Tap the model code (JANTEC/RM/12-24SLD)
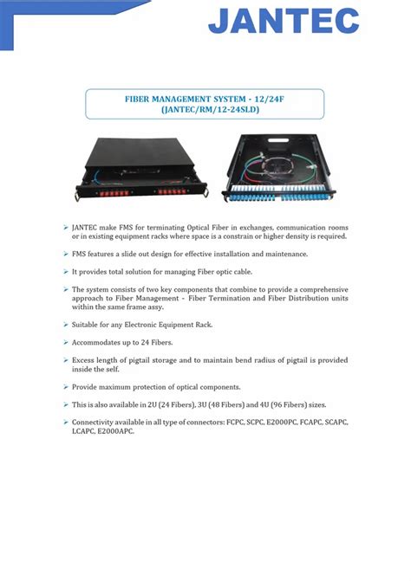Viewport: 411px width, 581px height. pyautogui.click(x=205, y=110)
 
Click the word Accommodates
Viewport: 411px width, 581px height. pyautogui.click(x=100, y=342)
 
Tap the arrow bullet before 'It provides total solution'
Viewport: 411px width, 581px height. pyautogui.click(x=65, y=272)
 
